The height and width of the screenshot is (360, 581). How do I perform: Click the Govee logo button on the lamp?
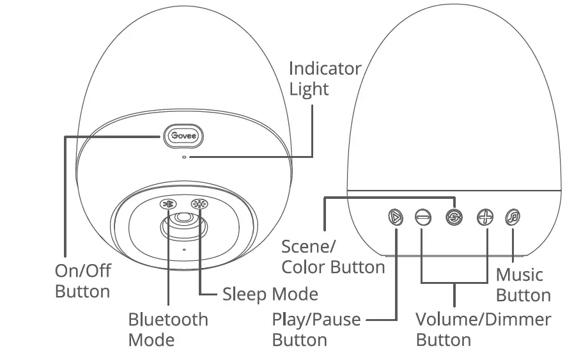(x=182, y=136)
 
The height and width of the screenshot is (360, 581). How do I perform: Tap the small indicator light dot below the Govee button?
(x=184, y=156)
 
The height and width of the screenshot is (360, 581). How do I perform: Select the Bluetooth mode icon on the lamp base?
(x=167, y=205)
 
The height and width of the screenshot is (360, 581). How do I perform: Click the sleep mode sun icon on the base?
(x=199, y=205)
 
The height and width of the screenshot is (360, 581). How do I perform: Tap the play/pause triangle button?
(x=396, y=217)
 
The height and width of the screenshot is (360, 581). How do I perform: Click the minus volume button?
(x=422, y=217)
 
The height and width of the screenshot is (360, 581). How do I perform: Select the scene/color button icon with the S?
(x=454, y=217)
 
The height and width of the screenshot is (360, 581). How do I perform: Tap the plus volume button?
(x=485, y=217)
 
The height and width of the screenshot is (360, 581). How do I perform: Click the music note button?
(x=513, y=217)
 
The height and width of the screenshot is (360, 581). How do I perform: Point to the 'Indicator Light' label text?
(x=325, y=79)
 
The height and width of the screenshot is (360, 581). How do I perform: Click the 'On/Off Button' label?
(x=83, y=281)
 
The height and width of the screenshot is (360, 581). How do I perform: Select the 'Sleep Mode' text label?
(x=270, y=294)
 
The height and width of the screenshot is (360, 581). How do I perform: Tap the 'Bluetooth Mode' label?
(x=168, y=329)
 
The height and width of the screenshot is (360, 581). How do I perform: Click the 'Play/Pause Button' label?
(x=316, y=329)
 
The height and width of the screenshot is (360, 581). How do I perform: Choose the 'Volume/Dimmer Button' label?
(x=483, y=329)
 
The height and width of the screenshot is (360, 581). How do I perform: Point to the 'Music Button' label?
(x=523, y=285)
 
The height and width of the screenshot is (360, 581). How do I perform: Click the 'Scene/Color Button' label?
(x=333, y=257)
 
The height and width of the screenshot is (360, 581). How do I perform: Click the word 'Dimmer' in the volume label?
(x=519, y=319)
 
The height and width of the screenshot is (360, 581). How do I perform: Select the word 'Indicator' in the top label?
(x=325, y=68)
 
